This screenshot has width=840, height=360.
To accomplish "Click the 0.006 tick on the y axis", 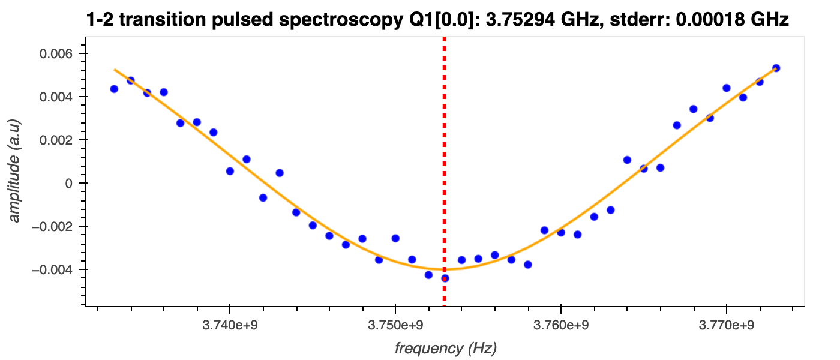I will tap(56, 54).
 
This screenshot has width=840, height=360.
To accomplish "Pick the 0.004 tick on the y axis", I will tap(56, 97).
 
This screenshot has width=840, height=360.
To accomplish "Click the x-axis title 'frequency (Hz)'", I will tap(446, 348).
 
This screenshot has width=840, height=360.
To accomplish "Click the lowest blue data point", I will tap(445, 278).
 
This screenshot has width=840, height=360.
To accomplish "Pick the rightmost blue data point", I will tap(776, 68).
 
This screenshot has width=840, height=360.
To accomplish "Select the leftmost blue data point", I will tap(114, 89).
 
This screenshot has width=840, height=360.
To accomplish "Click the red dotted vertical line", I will tap(445, 150).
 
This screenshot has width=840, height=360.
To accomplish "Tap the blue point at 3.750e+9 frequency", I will tap(395, 238).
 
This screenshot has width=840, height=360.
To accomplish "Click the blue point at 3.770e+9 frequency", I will tap(726, 88).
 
